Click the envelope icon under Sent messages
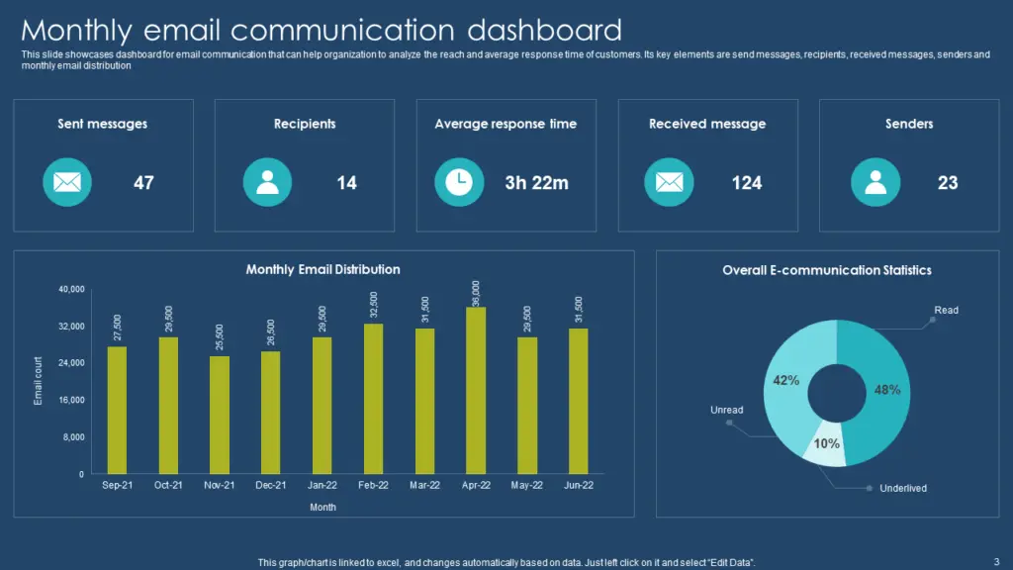[x=66, y=182]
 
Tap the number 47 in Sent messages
[x=143, y=183]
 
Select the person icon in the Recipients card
[x=267, y=182]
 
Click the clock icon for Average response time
[x=458, y=182]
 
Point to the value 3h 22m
[x=537, y=183]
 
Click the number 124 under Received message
[x=747, y=183]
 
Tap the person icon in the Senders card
[x=875, y=182]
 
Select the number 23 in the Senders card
[x=948, y=183]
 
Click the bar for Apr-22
[x=476, y=391]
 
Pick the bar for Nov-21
[x=220, y=415]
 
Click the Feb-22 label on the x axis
[x=373, y=485]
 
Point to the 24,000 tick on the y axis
[x=71, y=363]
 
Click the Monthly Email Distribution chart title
[x=322, y=269]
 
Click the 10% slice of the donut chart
[x=827, y=446]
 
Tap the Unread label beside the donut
[x=726, y=410]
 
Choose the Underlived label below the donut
[x=902, y=488]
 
